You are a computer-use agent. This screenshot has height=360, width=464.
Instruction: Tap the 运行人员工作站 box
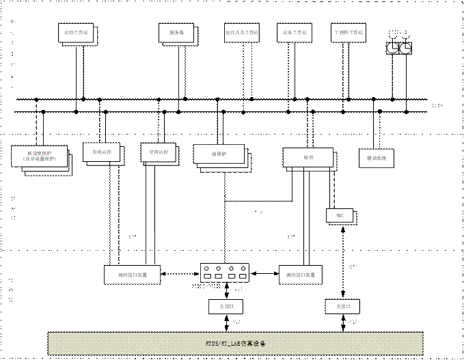241,33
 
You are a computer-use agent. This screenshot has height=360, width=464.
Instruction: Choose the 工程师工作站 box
349,33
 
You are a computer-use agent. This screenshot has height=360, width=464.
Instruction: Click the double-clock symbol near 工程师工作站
398,47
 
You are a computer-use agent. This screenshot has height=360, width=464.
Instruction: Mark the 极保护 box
219,154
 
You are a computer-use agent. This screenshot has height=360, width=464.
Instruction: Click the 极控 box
308,157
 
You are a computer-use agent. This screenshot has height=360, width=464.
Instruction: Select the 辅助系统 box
378,158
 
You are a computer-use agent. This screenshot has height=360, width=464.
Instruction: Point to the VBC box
340,216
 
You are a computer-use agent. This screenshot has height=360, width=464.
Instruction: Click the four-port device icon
224,273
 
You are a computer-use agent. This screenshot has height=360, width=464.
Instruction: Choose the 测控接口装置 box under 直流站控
133,275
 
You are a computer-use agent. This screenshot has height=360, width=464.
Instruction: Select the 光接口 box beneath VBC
342,306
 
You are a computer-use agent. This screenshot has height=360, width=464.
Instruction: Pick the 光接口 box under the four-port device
226,307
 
